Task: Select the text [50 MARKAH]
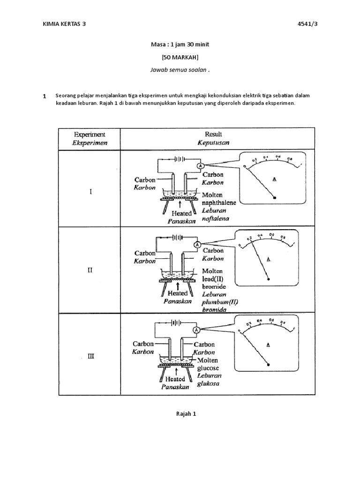(x=180, y=57)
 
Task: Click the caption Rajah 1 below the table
(x=180, y=413)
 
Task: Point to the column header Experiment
(x=90, y=134)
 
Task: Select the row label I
(x=90, y=192)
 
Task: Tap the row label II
(x=90, y=270)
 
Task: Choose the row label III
(x=90, y=356)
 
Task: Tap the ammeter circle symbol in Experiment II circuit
(x=197, y=245)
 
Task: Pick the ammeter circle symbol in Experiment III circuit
(x=197, y=330)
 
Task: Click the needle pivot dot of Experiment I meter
(x=275, y=198)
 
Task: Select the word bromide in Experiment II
(x=214, y=286)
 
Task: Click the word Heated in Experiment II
(x=178, y=293)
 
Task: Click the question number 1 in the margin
(x=44, y=97)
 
